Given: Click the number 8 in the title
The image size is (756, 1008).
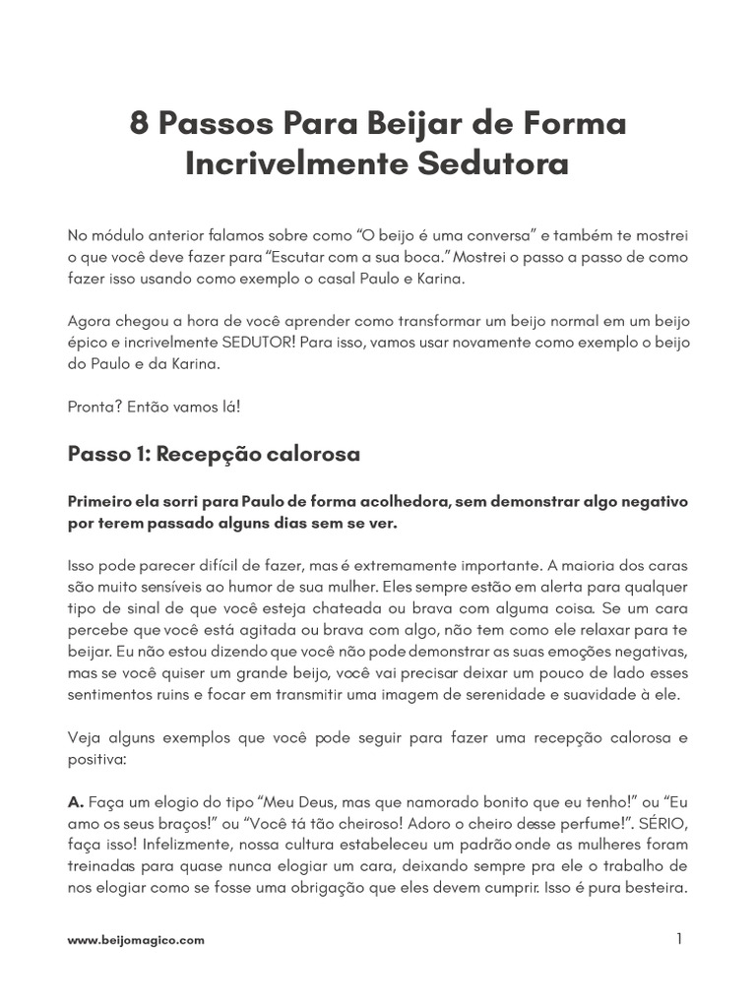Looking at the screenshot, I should (x=141, y=125).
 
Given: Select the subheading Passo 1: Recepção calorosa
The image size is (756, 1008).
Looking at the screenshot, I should (x=213, y=454).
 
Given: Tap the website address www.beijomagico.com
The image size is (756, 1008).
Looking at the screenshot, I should (x=136, y=940).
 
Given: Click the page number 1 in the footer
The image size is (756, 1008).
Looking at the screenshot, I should (x=678, y=939).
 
